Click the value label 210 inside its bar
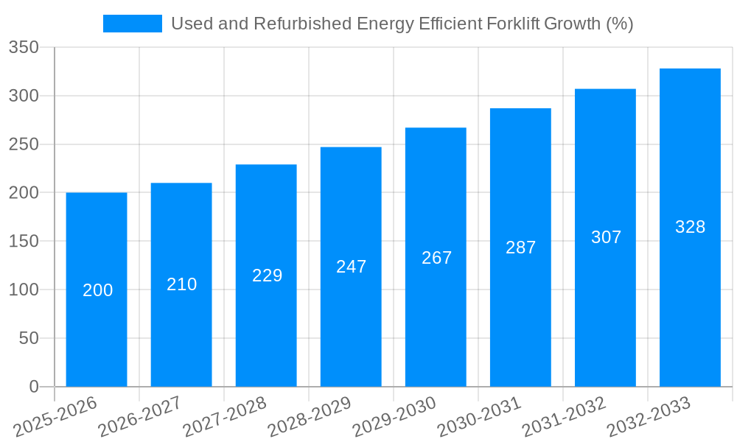[x=182, y=284]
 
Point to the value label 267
[x=436, y=258]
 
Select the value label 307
[x=606, y=237]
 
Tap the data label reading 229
[x=267, y=276]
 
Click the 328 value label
[x=690, y=227]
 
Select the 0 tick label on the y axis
[x=33, y=387]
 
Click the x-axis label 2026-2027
[x=141, y=417]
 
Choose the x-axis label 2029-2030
[x=395, y=417]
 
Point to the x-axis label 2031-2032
[x=565, y=417]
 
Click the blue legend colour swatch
[x=133, y=24]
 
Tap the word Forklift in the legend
[x=514, y=24]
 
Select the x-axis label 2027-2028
[x=226, y=417]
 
